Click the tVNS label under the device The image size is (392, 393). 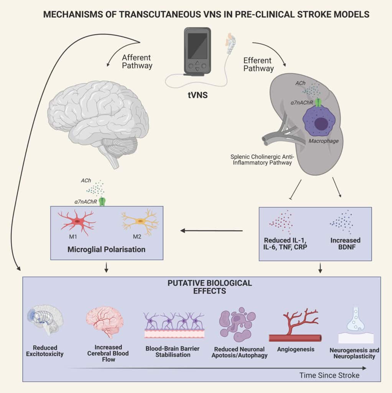pyautogui.click(x=198, y=94)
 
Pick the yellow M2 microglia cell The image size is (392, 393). pyautogui.click(x=140, y=222)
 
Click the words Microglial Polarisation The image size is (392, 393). pyautogui.click(x=106, y=249)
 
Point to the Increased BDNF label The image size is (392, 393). pyautogui.click(x=345, y=244)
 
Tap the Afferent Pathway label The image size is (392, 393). pyautogui.click(x=137, y=61)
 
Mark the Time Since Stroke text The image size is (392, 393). pyautogui.click(x=329, y=375)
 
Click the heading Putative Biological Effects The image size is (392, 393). pyautogui.click(x=209, y=287)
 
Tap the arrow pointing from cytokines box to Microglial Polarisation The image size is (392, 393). pyautogui.click(x=211, y=231)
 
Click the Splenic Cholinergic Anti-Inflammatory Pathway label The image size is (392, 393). pyautogui.click(x=259, y=160)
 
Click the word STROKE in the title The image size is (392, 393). pyautogui.click(x=299, y=15)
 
